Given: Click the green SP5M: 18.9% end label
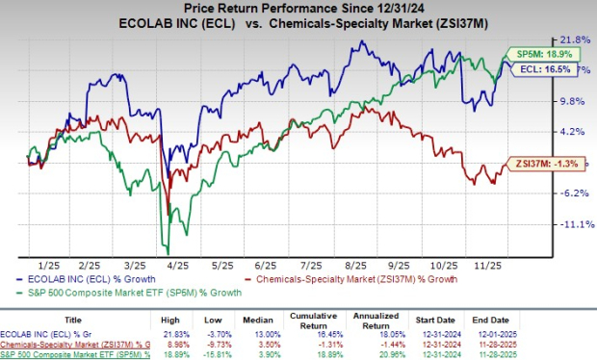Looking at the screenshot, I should click(530, 55).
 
